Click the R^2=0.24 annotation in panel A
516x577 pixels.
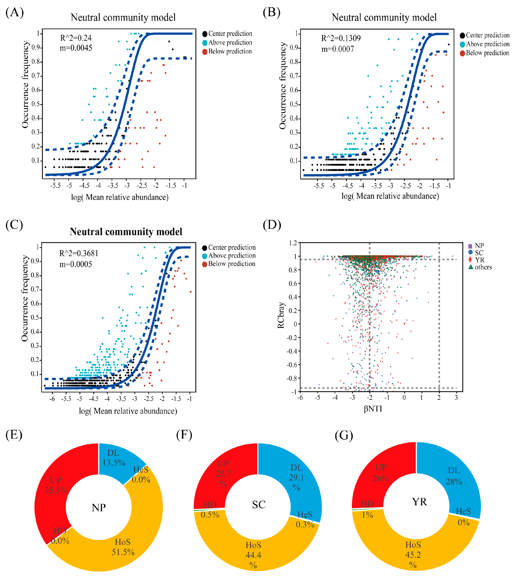[76, 38]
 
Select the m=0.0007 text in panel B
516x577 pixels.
[337, 49]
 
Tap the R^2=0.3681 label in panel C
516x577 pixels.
[79, 253]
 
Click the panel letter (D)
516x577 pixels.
[272, 225]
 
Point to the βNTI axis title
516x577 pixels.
[373, 409]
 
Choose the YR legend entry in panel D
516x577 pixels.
[479, 260]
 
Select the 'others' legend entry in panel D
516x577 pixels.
[483, 267]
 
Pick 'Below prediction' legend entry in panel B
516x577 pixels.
[487, 53]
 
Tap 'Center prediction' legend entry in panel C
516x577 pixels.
[232, 247]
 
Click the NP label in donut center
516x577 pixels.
[99, 507]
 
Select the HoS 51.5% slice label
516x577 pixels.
[123, 547]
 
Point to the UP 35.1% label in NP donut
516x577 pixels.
[56, 485]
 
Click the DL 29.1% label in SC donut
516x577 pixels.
[296, 478]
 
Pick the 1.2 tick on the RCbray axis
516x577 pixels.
[293, 243]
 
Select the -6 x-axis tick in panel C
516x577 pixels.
[52, 399]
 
